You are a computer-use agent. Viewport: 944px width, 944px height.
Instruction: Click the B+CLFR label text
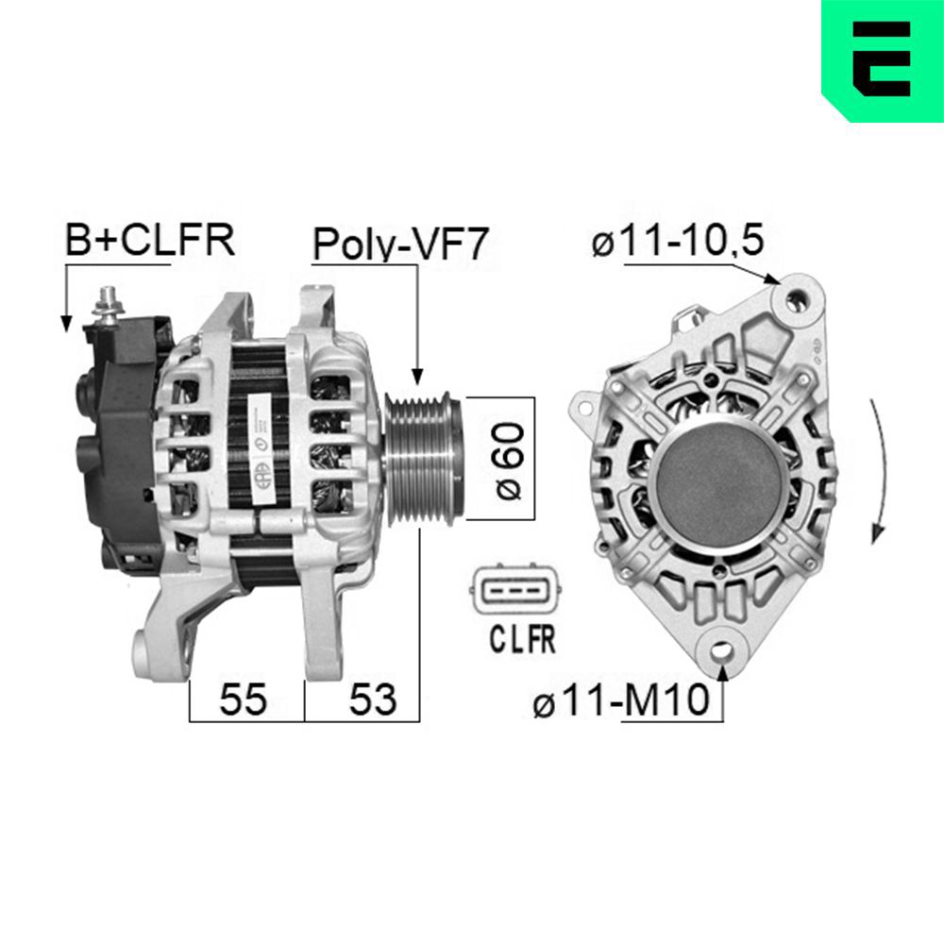(148, 241)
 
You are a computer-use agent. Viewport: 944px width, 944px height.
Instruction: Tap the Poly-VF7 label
(400, 244)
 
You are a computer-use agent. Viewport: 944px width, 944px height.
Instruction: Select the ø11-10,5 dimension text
(676, 242)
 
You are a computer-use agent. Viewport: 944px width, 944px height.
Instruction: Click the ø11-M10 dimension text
(620, 702)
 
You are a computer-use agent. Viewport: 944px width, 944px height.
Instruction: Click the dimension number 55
(244, 700)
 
